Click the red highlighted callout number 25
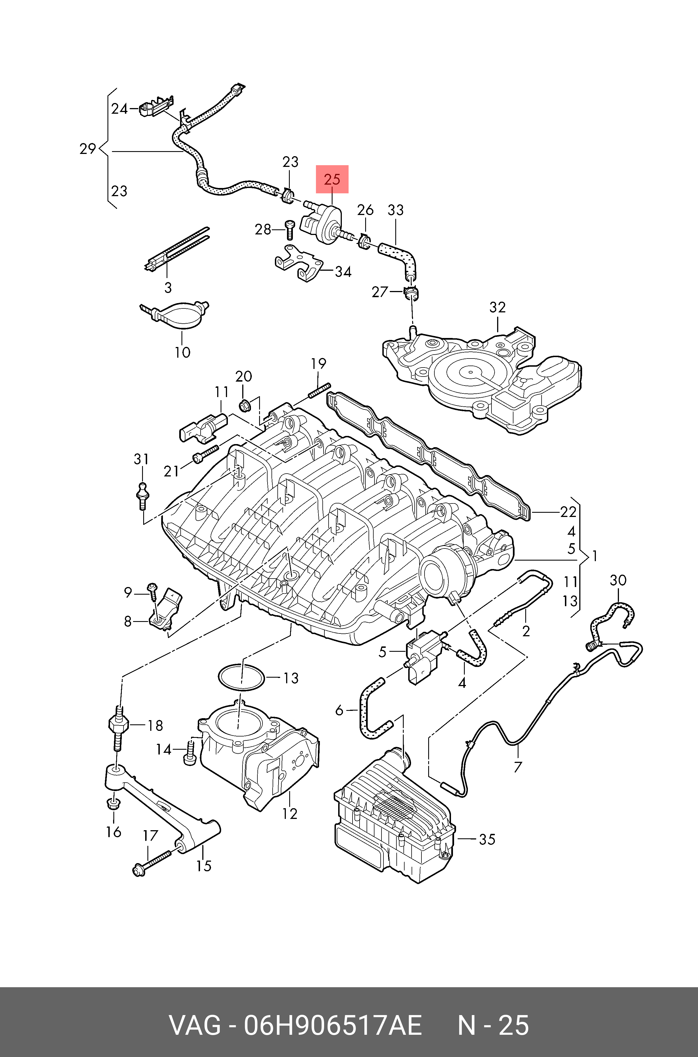click(332, 180)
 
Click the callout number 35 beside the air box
click(487, 839)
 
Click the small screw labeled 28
click(289, 229)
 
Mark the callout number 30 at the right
click(618, 580)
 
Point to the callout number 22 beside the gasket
click(569, 512)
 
